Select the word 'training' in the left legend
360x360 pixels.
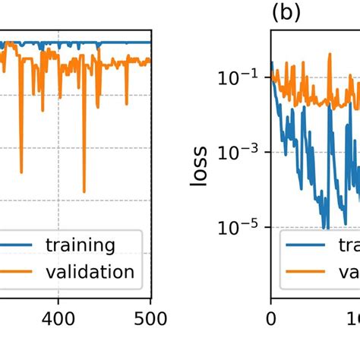(81, 245)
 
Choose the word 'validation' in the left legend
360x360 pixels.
(90, 272)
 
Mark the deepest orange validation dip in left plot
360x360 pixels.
(84, 192)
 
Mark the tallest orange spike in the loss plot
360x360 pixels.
(330, 54)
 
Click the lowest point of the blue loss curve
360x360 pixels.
(325, 227)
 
